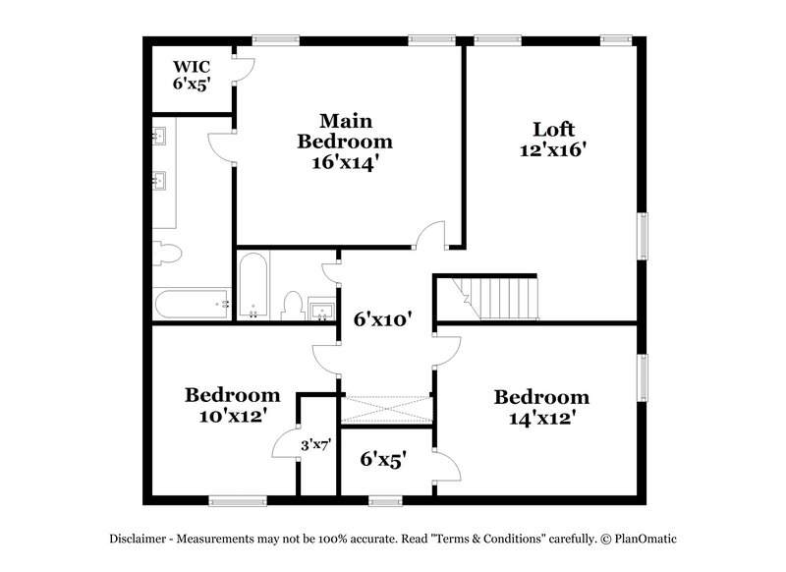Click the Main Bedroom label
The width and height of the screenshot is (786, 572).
pos(337,131)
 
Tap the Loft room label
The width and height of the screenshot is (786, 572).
pos(553,129)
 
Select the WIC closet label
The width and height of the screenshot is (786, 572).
pos(191,66)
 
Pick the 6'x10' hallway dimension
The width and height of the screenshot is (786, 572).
pos(382,318)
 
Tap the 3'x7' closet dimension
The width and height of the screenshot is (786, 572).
pos(314,445)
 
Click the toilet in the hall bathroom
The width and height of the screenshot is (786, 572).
pos(292,305)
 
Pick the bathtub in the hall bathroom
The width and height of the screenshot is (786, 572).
pos(253,286)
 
